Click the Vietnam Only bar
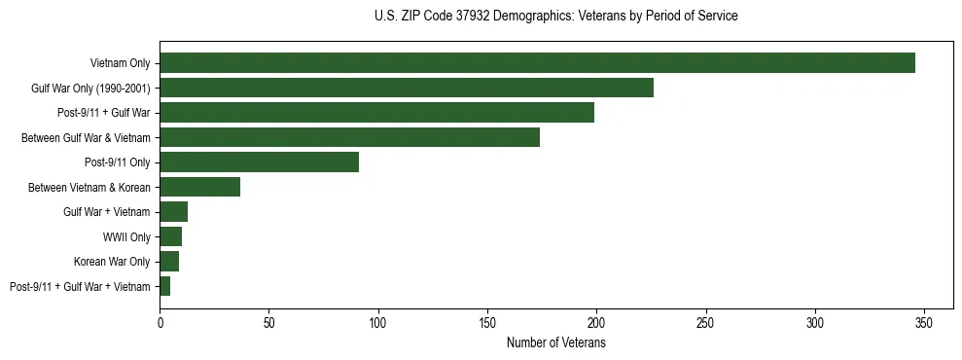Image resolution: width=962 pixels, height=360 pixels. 537,63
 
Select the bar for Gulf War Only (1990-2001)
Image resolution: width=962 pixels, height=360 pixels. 407,88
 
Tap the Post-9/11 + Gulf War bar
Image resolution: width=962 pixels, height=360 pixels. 376,113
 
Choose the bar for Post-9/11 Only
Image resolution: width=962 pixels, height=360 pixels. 259,162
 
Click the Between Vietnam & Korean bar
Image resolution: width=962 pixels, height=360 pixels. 199,187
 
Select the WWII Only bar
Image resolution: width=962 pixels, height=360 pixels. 170,236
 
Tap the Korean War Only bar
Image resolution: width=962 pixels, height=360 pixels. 169,262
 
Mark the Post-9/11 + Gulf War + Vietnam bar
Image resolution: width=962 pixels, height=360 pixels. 165,286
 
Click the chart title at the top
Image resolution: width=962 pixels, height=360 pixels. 555,16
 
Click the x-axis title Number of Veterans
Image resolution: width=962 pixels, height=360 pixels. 555,342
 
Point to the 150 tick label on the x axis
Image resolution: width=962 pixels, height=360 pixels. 487,322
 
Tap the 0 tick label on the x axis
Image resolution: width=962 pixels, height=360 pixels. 160,322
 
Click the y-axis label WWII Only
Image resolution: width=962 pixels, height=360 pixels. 126,236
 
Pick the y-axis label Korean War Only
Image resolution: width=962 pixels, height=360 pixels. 112,262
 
